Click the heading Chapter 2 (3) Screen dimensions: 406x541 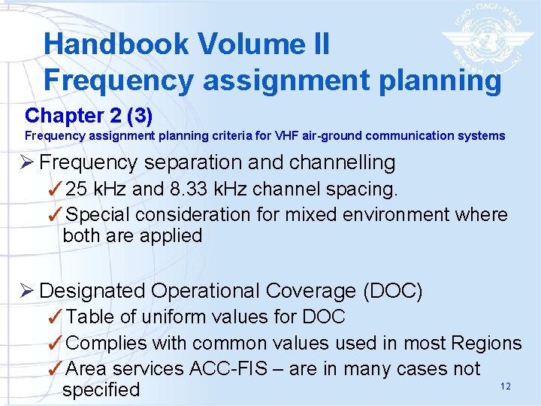(x=89, y=116)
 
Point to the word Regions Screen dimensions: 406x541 (x=486, y=343)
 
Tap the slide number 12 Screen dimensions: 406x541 (x=505, y=386)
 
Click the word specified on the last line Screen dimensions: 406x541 (x=101, y=389)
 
